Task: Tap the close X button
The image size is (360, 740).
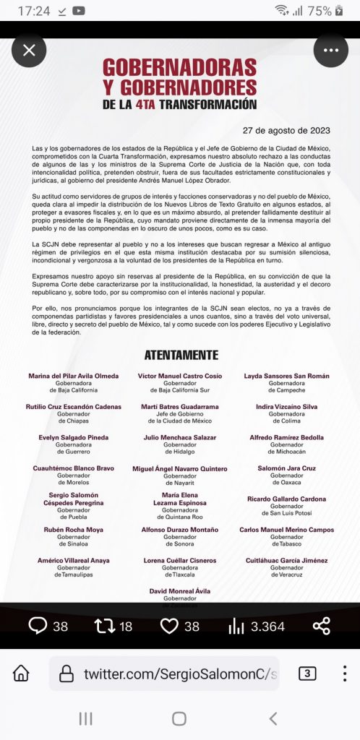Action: point(29,51)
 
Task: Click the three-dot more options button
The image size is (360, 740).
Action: point(331,51)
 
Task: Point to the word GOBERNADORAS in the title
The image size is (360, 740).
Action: point(179,69)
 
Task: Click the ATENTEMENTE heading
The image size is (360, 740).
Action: point(181,355)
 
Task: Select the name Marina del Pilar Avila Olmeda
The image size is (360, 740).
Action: point(73,377)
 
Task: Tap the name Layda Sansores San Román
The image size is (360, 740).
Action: point(286,377)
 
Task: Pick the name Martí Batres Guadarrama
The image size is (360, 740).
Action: point(180,407)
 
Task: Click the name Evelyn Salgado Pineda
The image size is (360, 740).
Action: point(74,437)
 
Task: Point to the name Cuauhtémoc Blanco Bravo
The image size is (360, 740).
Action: point(74,468)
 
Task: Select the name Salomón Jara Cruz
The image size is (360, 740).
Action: point(286,468)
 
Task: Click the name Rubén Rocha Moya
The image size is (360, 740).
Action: point(74,530)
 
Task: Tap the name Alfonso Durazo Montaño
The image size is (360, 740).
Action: point(180,530)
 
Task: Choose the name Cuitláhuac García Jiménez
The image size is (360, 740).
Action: point(286,560)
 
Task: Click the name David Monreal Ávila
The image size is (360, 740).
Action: point(180,591)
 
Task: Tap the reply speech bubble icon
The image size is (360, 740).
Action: point(38,626)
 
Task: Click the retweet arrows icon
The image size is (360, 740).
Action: point(105,626)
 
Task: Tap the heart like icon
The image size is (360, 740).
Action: point(169,626)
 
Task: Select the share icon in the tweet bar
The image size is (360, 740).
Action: point(322,626)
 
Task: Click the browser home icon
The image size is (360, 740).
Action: point(22,674)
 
